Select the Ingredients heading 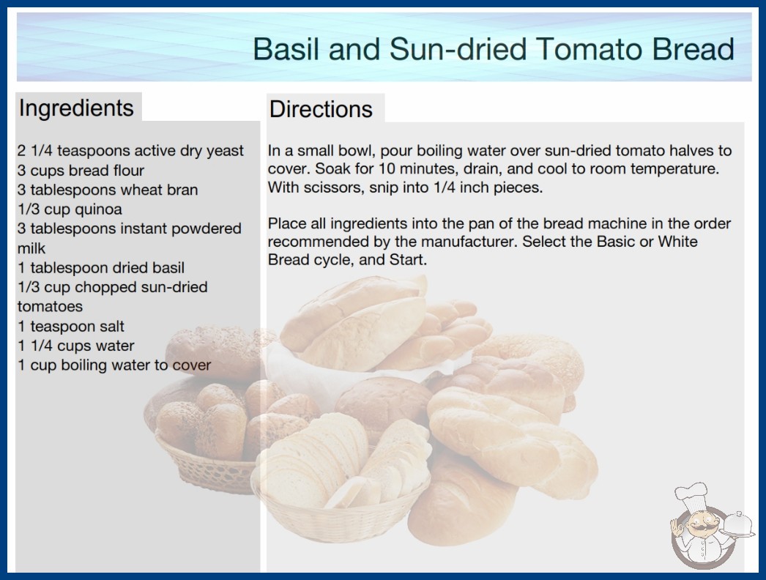[x=76, y=108]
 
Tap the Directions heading [x=321, y=109]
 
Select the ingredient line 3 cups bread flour [x=81, y=171]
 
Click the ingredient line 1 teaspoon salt [x=71, y=327]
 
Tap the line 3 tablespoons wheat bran [x=108, y=190]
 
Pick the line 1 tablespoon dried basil [x=100, y=268]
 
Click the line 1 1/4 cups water [x=75, y=346]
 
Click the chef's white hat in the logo [x=691, y=494]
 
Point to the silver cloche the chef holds [x=737, y=524]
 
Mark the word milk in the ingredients [x=31, y=248]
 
